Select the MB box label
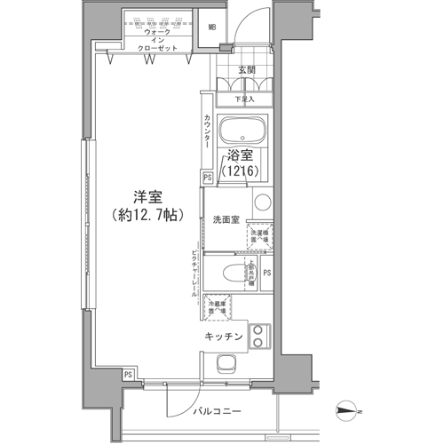click(212, 28)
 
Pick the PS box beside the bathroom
click(208, 178)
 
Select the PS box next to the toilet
click(266, 273)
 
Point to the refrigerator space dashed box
click(217, 308)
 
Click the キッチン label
click(225, 337)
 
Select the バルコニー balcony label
click(217, 412)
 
